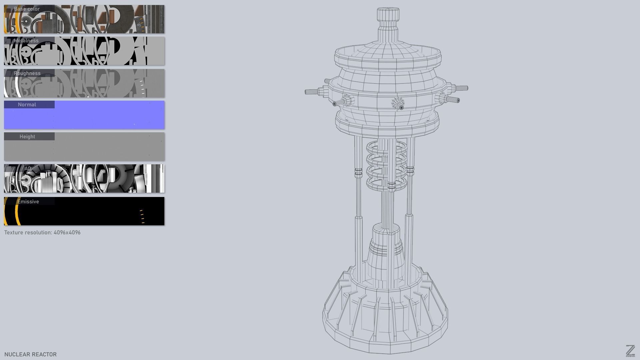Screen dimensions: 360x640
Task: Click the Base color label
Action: (27, 9)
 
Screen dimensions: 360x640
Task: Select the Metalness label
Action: (26, 41)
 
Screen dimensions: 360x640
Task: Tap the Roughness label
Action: (27, 73)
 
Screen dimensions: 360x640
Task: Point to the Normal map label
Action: (27, 105)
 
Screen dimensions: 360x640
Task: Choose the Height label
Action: (27, 137)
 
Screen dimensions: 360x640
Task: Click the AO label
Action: (27, 168)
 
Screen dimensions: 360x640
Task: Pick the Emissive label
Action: (28, 202)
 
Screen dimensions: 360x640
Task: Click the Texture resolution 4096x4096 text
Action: (42, 232)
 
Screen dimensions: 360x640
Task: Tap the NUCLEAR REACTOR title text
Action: (30, 354)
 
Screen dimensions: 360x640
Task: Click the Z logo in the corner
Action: (630, 351)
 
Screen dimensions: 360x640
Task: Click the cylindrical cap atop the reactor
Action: (388, 15)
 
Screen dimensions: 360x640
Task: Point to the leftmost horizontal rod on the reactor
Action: (312, 92)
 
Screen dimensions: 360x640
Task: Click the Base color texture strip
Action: (100, 20)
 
